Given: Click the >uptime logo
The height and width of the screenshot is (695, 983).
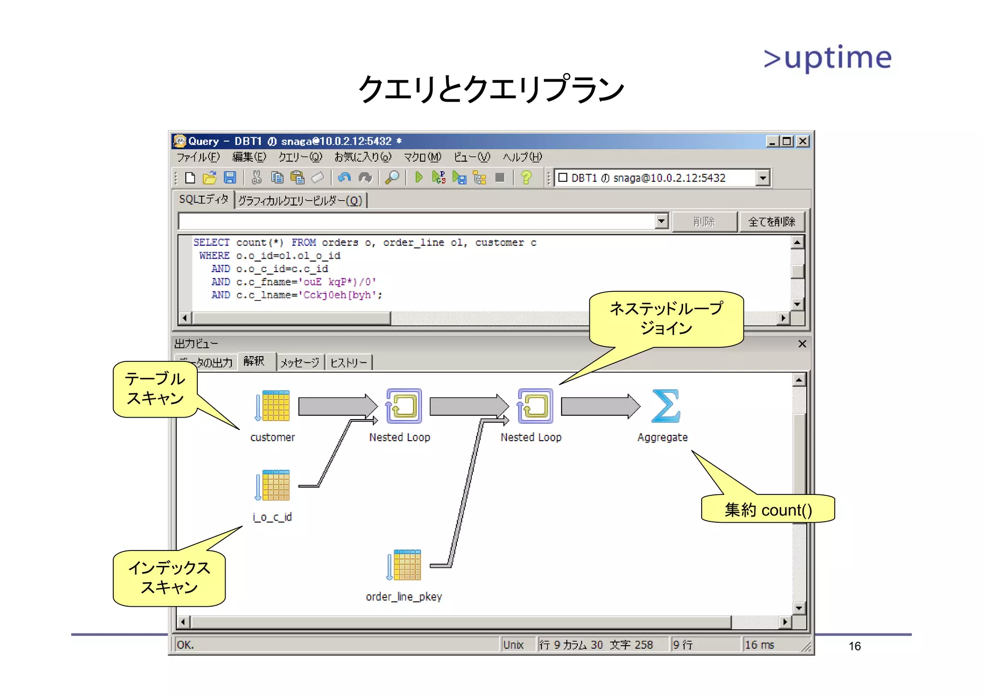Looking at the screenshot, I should click(827, 58).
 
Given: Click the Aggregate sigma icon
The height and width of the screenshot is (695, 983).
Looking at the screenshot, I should click(666, 406).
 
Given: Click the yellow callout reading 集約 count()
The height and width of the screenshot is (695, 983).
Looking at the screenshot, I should click(768, 509).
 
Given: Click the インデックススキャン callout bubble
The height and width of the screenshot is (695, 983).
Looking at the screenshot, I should click(169, 578).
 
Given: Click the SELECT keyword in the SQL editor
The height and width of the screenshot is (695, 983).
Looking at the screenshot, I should click(211, 243).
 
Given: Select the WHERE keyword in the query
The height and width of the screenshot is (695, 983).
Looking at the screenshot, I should click(214, 256).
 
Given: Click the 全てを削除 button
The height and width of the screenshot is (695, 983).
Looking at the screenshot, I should click(771, 222).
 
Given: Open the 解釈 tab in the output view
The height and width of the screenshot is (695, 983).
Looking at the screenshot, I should click(254, 361).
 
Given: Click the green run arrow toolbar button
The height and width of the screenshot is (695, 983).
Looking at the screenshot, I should click(419, 178).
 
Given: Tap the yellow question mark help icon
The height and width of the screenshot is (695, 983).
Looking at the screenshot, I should click(526, 178).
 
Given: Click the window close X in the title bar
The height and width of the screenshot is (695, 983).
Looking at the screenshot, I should click(803, 142).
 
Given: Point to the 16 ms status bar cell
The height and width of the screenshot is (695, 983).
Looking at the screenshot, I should click(759, 645).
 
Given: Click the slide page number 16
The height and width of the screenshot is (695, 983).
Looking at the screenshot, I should click(854, 646).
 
